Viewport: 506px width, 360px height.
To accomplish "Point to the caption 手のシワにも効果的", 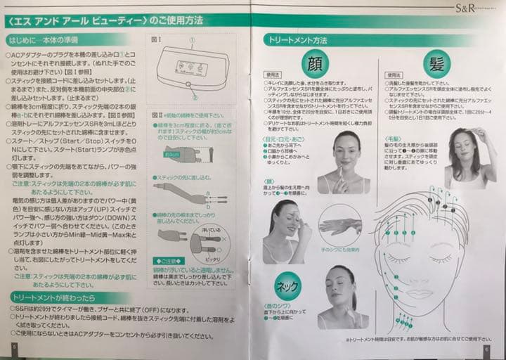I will (x=341, y=250).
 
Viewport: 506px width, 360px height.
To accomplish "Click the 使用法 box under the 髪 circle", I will (x=394, y=75).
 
